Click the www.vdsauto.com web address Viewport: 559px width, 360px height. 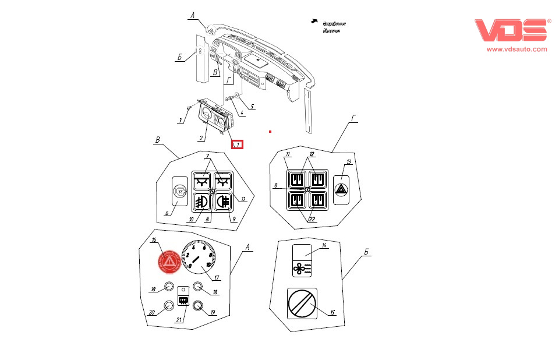click(x=516, y=50)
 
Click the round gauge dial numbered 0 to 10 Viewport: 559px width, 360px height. click(x=199, y=259)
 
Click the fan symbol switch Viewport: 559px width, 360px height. click(x=302, y=269)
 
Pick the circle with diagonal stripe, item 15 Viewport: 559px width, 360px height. click(x=302, y=304)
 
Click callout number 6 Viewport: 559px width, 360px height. click(x=167, y=214)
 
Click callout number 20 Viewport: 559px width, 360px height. click(x=151, y=312)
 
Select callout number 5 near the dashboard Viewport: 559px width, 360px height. click(x=253, y=107)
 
